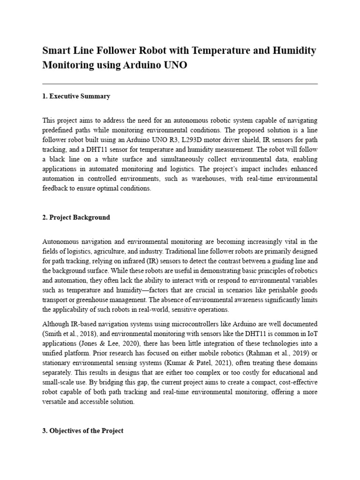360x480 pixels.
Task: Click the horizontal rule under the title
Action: tap(180, 84)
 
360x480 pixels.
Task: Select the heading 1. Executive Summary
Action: tap(76, 96)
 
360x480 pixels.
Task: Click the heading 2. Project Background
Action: tap(76, 217)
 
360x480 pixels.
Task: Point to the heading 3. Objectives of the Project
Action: tap(83, 430)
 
